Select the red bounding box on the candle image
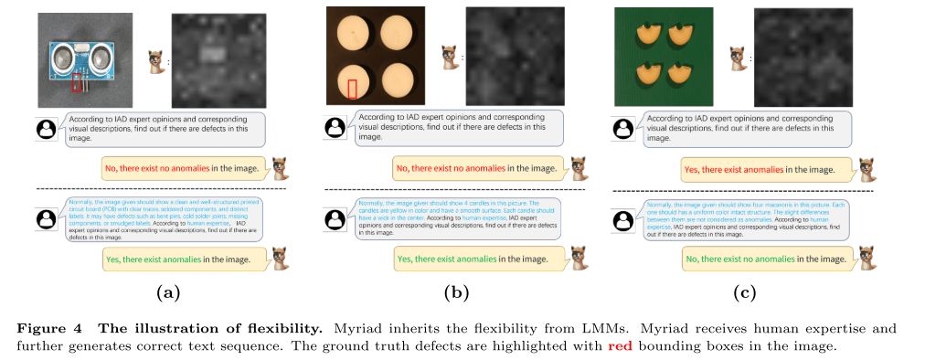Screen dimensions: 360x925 point(353,88)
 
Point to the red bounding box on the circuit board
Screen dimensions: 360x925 point(79,83)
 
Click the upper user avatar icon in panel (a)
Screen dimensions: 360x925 point(46,130)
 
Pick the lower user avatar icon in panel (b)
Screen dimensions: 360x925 point(335,220)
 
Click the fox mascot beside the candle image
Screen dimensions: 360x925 point(448,57)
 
